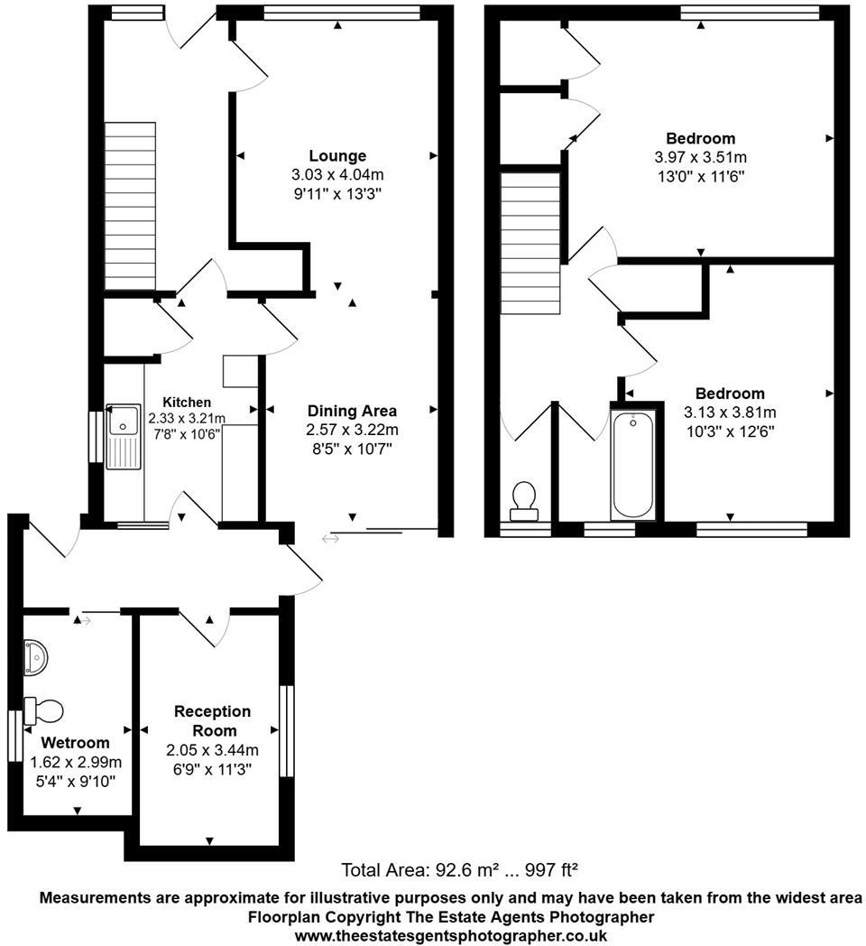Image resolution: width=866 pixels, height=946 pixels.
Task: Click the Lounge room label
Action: (x=337, y=155)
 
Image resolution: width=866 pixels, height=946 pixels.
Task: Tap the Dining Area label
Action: (x=352, y=411)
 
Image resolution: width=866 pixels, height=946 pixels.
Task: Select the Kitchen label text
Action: (x=187, y=402)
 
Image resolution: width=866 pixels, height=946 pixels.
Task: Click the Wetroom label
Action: (x=76, y=743)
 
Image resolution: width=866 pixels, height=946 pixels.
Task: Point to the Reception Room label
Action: (x=212, y=721)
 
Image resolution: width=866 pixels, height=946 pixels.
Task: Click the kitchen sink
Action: (x=123, y=436)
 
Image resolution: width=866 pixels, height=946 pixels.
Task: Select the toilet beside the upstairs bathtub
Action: (x=524, y=501)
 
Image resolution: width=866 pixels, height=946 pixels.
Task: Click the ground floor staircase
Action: (x=131, y=206)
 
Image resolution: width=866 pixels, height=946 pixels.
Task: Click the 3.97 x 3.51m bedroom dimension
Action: (x=701, y=157)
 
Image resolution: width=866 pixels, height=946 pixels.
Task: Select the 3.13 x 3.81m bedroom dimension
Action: (x=730, y=413)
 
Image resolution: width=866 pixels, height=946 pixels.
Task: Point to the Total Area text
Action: (x=459, y=871)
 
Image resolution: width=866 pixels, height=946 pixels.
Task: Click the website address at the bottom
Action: (x=451, y=936)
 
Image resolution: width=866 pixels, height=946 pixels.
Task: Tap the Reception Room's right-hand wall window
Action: (x=287, y=730)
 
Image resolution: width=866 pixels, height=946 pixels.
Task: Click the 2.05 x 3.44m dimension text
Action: (x=212, y=750)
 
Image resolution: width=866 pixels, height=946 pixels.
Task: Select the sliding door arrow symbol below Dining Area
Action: (x=330, y=539)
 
